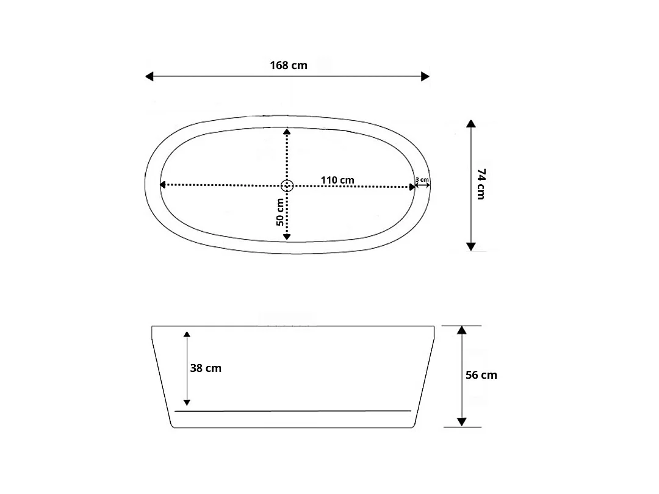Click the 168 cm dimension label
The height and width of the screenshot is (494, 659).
(288, 65)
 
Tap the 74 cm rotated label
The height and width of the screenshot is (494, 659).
(481, 184)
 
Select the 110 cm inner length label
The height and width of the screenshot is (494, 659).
(337, 180)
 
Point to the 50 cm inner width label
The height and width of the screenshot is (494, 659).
(280, 212)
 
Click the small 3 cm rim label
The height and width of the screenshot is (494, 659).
(422, 180)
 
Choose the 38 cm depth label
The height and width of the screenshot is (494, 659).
(206, 368)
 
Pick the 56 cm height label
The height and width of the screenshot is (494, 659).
(481, 375)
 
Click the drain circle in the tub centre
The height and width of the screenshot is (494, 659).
(287, 185)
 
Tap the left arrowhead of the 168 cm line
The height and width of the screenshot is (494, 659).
(149, 76)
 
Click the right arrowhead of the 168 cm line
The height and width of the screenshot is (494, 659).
(425, 76)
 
